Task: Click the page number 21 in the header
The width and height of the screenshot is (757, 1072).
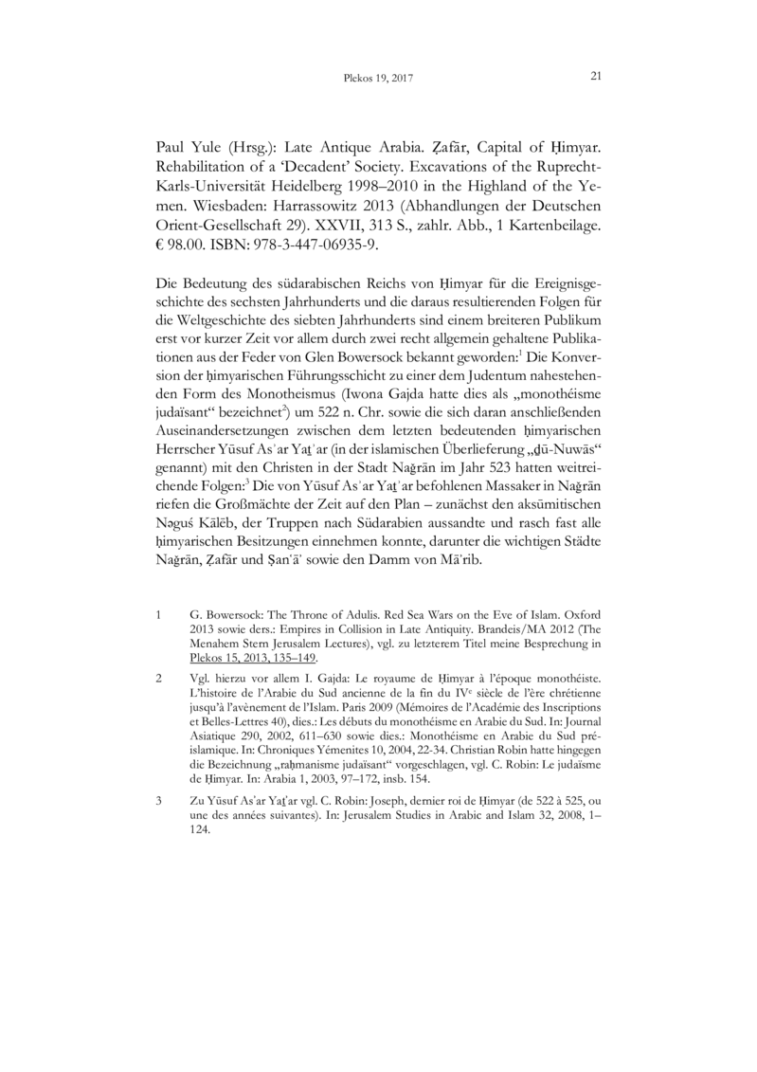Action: coord(596,76)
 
